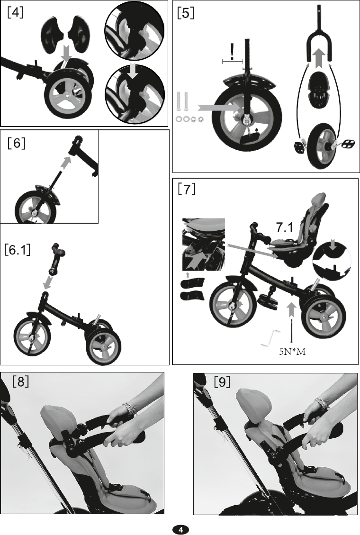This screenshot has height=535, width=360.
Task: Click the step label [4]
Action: click(15, 12)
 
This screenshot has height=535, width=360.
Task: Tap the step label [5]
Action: click(186, 12)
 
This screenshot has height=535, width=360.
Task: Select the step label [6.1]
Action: click(18, 249)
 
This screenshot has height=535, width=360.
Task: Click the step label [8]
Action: click(21, 381)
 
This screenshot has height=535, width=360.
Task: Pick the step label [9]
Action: click(222, 381)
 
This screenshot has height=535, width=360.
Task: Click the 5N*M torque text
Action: click(292, 352)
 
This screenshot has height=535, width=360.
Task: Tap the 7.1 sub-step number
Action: click(284, 227)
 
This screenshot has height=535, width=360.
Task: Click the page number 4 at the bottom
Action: click(180, 529)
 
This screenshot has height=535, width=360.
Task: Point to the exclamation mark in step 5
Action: click(232, 53)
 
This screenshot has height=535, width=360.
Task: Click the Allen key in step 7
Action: click(271, 338)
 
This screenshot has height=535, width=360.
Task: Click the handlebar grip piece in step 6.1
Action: click(57, 259)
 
